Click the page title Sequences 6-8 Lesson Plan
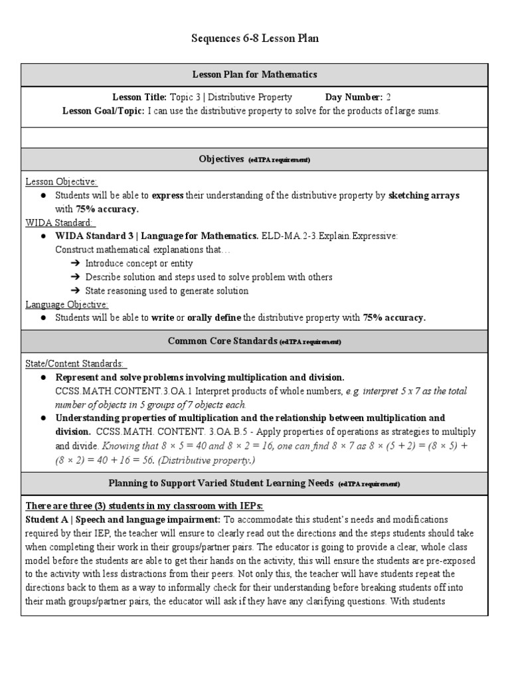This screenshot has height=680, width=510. pos(255,39)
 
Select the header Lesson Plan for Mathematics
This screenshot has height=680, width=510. pos(255,74)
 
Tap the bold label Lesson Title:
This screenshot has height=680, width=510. pos(139,97)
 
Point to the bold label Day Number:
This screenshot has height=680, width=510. pos(353,97)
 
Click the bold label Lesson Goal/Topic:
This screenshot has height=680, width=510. pos(104,111)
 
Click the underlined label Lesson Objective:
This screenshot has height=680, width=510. pos(61,182)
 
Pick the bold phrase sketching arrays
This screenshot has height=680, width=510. pos(424,195)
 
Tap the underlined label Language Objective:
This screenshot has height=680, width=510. pos(66,304)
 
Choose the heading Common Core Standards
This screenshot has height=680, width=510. pos(222,341)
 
